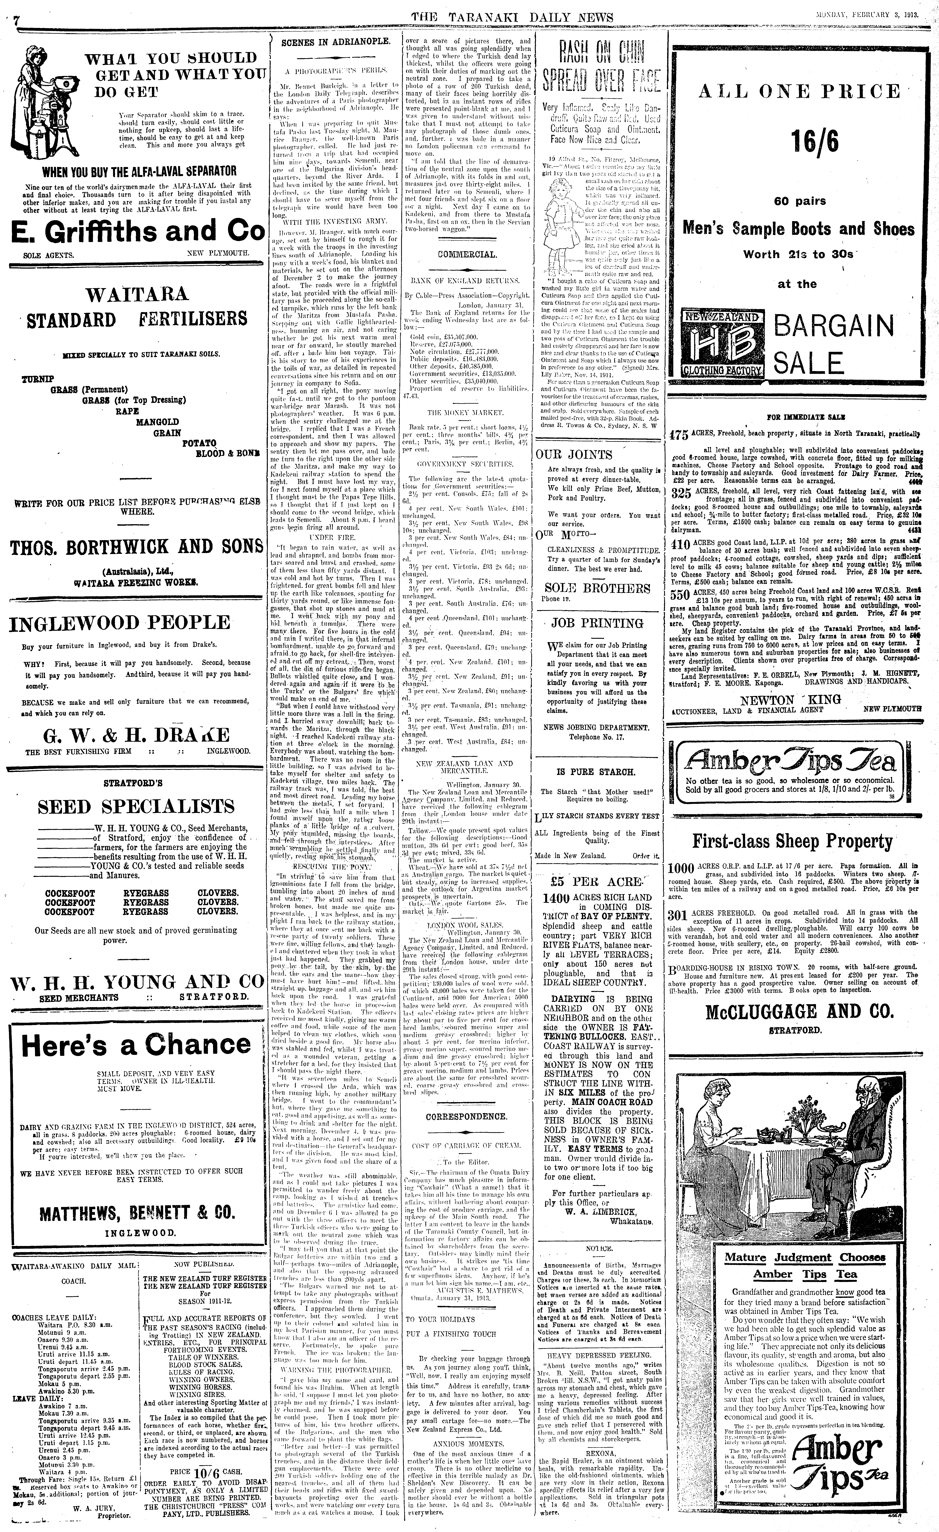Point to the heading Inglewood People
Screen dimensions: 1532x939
tap(119, 623)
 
